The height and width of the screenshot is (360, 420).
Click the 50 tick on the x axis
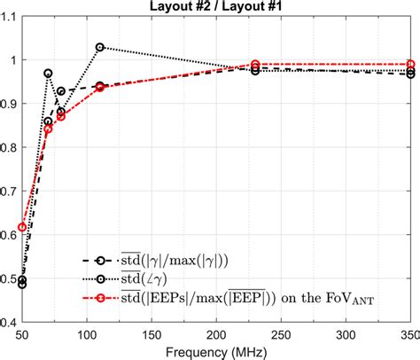click(22, 334)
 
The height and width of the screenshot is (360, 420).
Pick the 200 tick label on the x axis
click(216, 334)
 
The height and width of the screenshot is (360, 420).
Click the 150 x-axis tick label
click(152, 334)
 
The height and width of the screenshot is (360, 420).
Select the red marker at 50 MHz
click(22, 228)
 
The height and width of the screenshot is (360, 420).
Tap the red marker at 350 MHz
click(410, 65)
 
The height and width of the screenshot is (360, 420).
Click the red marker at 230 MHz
click(255, 65)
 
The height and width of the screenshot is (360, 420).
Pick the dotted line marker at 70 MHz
click(48, 74)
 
